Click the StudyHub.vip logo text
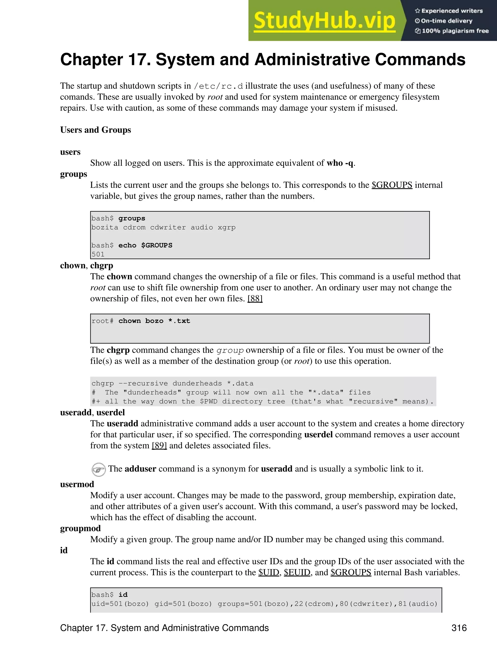pyautogui.click(x=324, y=21)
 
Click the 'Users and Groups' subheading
pyautogui.click(x=95, y=130)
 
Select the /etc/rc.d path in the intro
pyautogui.click(x=218, y=86)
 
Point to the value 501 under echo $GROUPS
pyautogui.click(x=98, y=254)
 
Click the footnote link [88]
pyautogui.click(x=255, y=298)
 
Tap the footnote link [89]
pyautogui.click(x=159, y=445)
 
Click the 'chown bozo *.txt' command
pyautogui.click(x=154, y=321)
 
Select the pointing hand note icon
pyautogui.click(x=98, y=469)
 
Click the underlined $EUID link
pyautogui.click(x=297, y=572)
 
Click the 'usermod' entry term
pyautogui.click(x=77, y=484)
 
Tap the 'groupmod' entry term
pyautogui.click(x=80, y=528)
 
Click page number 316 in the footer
pyautogui.click(x=459, y=628)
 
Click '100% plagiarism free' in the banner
pyautogui.click(x=455, y=31)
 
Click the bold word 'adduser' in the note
pyautogui.click(x=140, y=469)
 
